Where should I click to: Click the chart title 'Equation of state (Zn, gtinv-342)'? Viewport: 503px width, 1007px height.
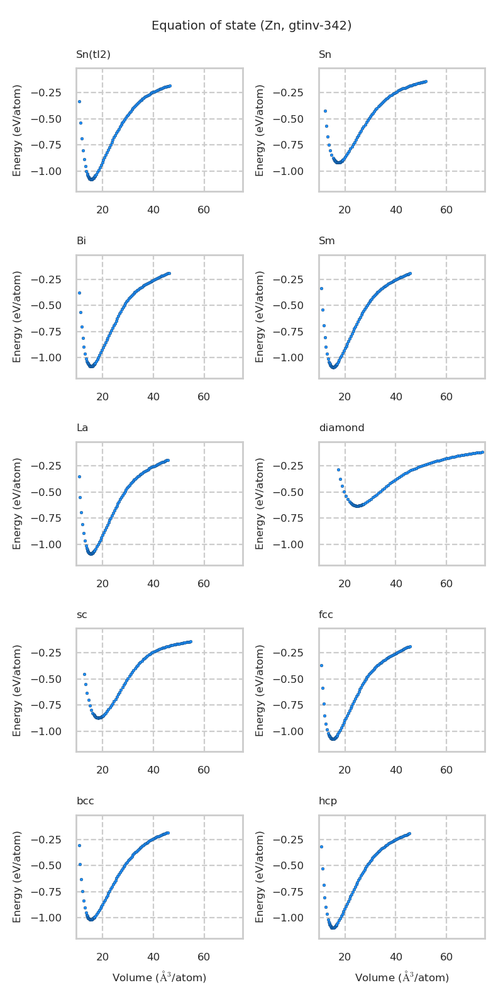tap(251, 26)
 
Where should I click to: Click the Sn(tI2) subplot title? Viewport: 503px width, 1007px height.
tap(93, 55)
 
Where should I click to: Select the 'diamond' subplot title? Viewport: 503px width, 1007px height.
tap(341, 428)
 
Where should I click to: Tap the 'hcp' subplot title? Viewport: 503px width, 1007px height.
tap(328, 801)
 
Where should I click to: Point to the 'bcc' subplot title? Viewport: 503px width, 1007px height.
tap(85, 801)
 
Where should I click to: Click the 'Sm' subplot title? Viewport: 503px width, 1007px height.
tap(326, 241)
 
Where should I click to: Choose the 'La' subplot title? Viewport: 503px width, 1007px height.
tap(82, 428)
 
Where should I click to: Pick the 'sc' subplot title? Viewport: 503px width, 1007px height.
tap(82, 615)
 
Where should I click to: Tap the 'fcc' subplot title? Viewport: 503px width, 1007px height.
tap(326, 615)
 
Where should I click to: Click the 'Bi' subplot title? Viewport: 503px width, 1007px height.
tap(81, 241)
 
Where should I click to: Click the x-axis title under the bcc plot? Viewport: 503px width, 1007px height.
tap(159, 977)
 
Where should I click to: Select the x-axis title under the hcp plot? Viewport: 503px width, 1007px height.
tap(402, 977)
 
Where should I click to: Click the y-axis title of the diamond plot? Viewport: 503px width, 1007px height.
tap(260, 503)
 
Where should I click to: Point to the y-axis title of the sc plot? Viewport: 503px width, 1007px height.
tap(18, 690)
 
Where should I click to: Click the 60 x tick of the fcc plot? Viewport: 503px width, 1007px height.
tap(446, 770)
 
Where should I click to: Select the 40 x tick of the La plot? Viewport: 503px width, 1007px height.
tap(153, 584)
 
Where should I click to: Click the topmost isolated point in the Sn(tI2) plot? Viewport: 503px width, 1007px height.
tap(79, 101)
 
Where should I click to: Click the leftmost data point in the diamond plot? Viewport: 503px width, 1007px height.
tap(338, 470)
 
